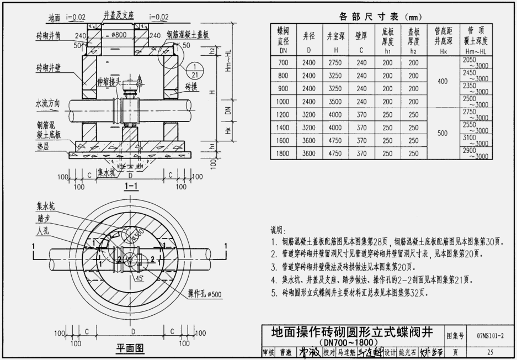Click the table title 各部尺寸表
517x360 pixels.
pos(371,16)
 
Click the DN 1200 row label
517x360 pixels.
pos(283,115)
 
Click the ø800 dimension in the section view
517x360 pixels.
pos(118,35)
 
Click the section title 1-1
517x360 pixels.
pos(131,186)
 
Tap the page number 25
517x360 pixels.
pos(490,352)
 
